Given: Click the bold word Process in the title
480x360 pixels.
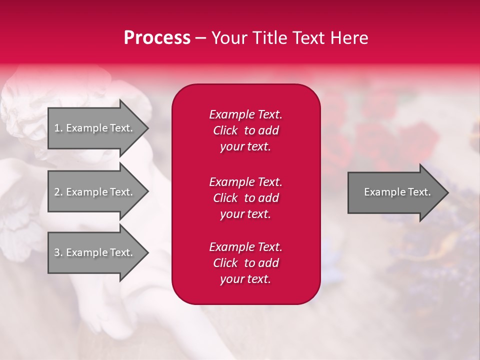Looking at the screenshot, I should tap(157, 38).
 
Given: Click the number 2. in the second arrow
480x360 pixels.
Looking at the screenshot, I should tap(58, 192).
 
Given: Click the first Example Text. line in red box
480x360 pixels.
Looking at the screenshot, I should tap(245, 114).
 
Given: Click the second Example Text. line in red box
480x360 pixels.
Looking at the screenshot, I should tap(245, 182).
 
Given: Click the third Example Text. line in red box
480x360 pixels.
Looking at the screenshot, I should tap(245, 247).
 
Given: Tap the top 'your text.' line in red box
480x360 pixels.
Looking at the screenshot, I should tap(245, 147).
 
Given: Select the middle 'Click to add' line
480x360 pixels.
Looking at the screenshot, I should tap(245, 198).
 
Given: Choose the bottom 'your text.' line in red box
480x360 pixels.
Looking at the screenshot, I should tap(245, 279).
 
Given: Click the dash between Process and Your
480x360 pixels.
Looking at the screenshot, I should tap(200, 38).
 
